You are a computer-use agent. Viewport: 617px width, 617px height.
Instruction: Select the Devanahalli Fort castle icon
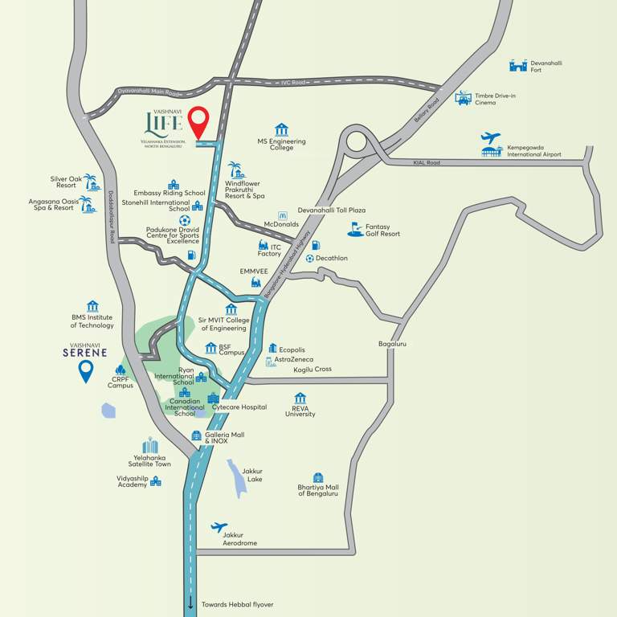[x=518, y=65]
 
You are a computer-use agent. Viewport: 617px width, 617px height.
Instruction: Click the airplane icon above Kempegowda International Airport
[x=490, y=138]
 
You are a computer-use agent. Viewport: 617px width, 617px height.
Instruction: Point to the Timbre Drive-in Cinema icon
[x=463, y=98]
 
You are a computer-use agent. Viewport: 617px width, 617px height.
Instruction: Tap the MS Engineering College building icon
[x=281, y=129]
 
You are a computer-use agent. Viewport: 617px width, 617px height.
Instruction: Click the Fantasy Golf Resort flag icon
[x=355, y=229]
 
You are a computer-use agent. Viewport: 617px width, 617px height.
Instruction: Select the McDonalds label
[x=281, y=225]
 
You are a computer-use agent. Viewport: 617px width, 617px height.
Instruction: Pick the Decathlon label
[x=332, y=258]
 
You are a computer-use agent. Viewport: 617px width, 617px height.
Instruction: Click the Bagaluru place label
[x=393, y=344]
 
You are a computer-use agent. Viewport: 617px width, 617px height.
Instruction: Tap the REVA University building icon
[x=300, y=398]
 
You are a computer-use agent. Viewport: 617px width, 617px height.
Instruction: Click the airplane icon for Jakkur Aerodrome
[x=219, y=528]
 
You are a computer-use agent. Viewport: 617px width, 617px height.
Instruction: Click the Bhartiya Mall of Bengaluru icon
[x=318, y=477]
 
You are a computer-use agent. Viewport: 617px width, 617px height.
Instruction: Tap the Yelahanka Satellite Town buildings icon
[x=150, y=446]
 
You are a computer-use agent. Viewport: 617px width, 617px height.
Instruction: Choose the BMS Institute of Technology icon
[x=92, y=306]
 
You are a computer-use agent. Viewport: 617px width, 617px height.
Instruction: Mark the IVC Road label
[x=293, y=83]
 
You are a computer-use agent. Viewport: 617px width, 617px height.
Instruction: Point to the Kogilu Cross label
[x=312, y=369]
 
